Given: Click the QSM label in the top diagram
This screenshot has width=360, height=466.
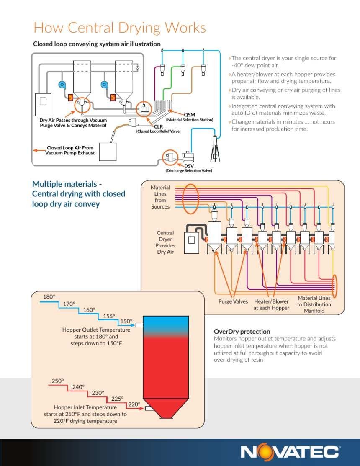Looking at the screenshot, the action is [x=190, y=115].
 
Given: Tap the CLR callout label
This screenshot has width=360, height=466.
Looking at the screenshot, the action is [x=158, y=126].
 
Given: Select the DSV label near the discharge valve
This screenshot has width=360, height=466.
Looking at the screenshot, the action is [x=189, y=166].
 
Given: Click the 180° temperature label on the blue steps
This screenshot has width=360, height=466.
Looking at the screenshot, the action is [x=49, y=296].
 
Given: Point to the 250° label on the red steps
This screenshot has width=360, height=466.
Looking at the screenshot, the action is [x=58, y=381].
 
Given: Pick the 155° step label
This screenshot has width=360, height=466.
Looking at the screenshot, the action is [x=109, y=316].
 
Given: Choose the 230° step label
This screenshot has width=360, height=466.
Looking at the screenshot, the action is [x=98, y=393].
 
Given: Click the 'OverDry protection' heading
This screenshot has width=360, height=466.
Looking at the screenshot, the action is [x=242, y=332].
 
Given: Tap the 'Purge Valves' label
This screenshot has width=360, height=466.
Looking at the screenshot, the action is [x=233, y=301].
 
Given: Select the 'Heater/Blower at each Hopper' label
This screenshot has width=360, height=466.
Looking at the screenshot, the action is [x=271, y=305].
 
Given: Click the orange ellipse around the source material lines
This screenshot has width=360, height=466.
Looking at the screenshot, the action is [x=183, y=198].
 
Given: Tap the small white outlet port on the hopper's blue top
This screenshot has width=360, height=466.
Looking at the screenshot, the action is [x=139, y=325].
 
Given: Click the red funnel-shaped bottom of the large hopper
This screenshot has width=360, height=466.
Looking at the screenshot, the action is [x=166, y=408].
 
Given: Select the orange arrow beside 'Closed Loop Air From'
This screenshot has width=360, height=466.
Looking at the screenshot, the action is [x=39, y=150].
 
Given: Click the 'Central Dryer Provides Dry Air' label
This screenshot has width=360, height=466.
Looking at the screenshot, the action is [x=165, y=242].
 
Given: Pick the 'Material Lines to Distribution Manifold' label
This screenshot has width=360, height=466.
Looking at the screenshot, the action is [x=314, y=304].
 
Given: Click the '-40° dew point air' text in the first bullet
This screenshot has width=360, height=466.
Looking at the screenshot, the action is [x=255, y=65].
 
